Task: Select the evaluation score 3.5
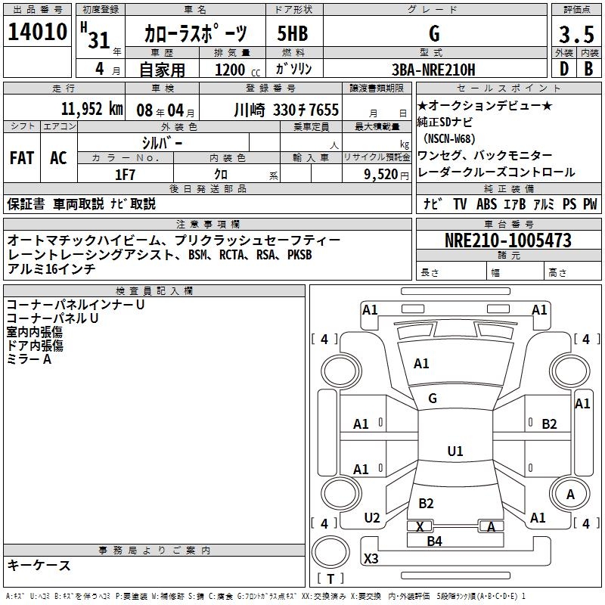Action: coord(576,35)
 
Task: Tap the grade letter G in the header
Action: coord(433,33)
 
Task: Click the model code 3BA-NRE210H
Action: coord(433,70)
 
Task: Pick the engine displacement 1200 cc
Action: coord(237,70)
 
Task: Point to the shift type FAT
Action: coord(21,158)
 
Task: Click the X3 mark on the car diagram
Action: coord(371,559)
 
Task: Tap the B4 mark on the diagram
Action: coord(434,541)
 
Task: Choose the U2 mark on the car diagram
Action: coord(371,518)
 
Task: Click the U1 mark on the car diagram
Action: coord(455,451)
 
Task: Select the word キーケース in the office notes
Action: coord(39,565)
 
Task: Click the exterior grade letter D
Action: coord(563,70)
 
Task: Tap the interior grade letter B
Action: coord(588,70)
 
